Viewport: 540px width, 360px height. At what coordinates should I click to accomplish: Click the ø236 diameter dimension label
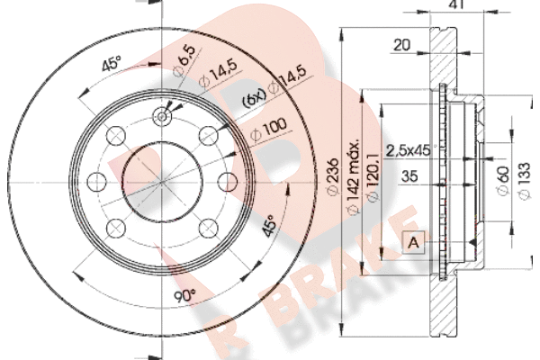click(333, 177)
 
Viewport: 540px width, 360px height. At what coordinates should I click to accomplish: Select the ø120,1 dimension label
click(373, 177)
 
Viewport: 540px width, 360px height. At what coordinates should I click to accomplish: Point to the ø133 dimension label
click(525, 181)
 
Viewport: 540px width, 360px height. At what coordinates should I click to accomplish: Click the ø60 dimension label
click(502, 181)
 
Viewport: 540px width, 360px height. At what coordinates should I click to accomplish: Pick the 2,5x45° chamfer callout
click(409, 150)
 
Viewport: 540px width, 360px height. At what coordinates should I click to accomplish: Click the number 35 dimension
click(409, 176)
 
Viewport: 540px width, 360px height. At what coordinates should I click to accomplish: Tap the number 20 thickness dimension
click(402, 45)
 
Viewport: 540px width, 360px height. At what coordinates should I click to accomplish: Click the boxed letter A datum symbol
click(413, 243)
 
